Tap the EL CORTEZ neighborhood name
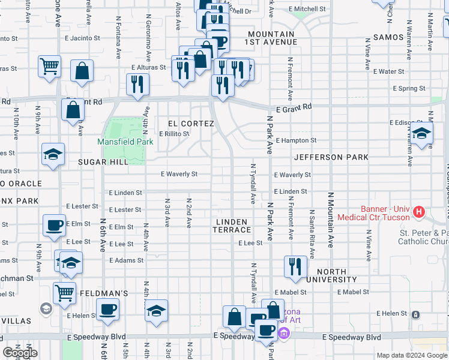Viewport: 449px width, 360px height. (191, 124)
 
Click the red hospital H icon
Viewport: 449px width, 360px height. (419, 212)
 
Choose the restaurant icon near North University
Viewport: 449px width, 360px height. (294, 268)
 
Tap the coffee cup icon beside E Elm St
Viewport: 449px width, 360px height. (55, 227)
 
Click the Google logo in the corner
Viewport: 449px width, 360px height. (20, 353)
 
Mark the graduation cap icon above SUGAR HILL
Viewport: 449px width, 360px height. (53, 155)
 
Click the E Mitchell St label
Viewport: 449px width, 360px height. (307, 10)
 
